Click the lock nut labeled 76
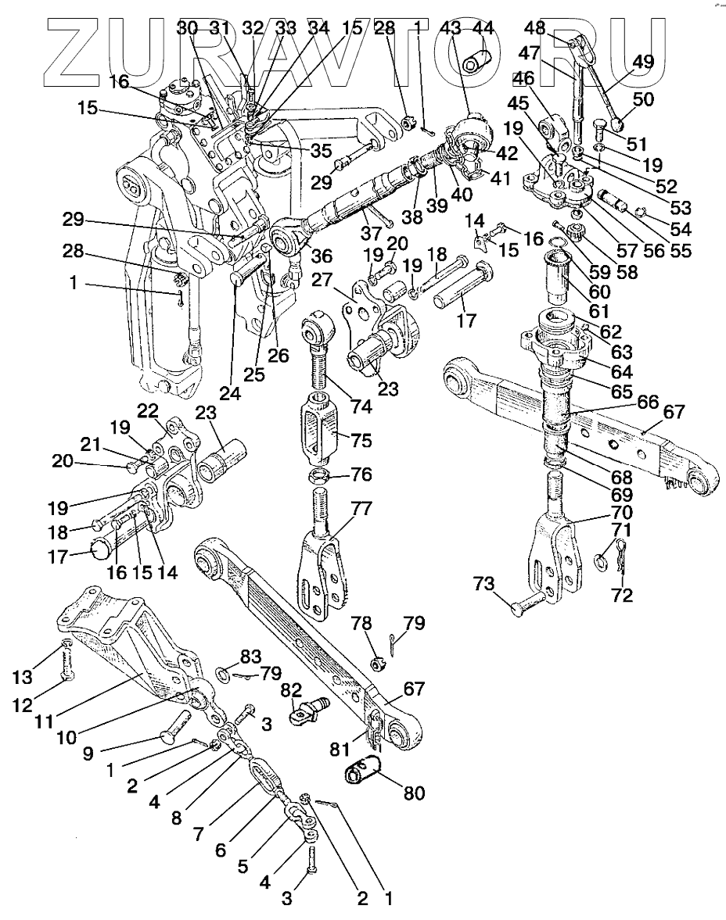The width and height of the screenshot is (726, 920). click(x=316, y=476)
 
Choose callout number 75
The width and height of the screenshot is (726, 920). click(x=361, y=440)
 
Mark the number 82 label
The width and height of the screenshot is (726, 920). click(x=291, y=689)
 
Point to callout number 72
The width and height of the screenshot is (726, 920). click(x=623, y=596)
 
